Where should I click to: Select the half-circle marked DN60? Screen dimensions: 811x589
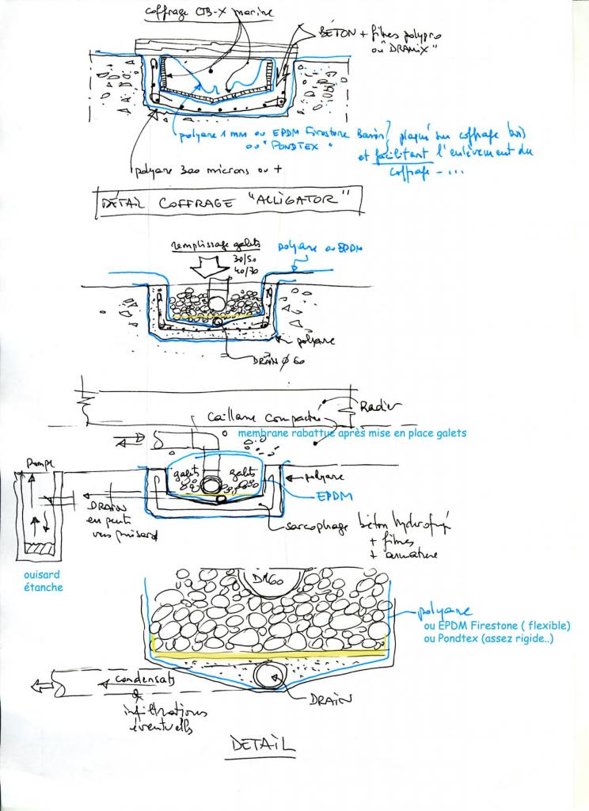click(x=267, y=584)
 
